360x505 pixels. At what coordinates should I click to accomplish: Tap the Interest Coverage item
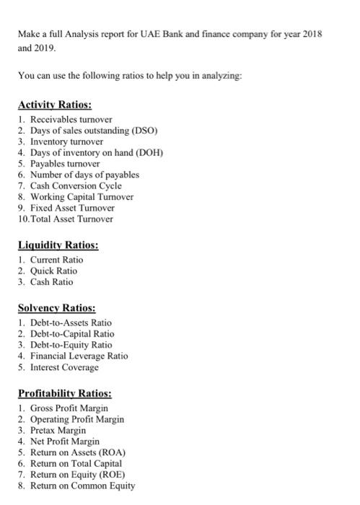(x=64, y=367)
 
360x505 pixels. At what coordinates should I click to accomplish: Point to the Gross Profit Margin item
(x=69, y=408)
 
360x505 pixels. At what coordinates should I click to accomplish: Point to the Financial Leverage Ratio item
(x=79, y=356)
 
